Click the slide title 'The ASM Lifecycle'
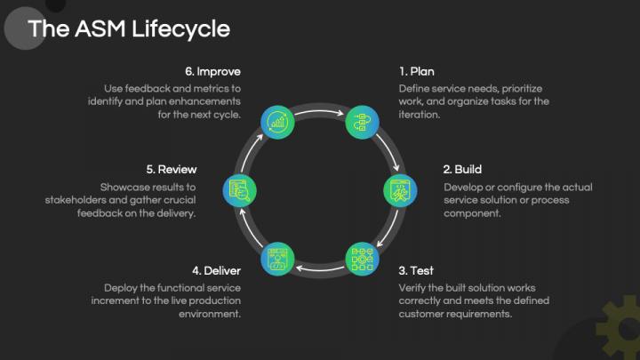pos(128,28)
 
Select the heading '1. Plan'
pos(416,71)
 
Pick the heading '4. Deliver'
pos(215,270)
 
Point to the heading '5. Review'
pos(172,169)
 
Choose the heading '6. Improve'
pos(212,71)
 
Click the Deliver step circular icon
pos(278,257)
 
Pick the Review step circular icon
pos(239,188)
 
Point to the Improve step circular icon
pos(278,120)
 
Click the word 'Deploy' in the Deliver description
pos(121,288)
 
